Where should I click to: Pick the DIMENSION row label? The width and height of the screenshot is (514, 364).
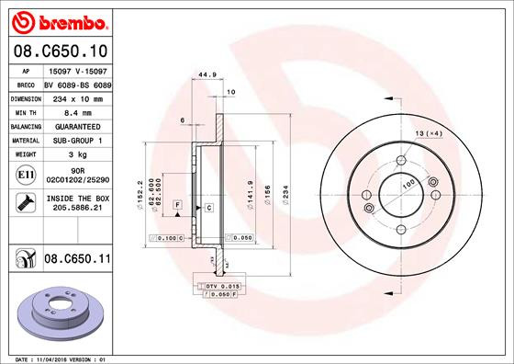[27, 97]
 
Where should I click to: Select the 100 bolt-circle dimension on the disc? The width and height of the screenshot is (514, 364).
[406, 186]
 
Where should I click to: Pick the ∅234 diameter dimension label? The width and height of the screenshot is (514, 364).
[287, 195]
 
